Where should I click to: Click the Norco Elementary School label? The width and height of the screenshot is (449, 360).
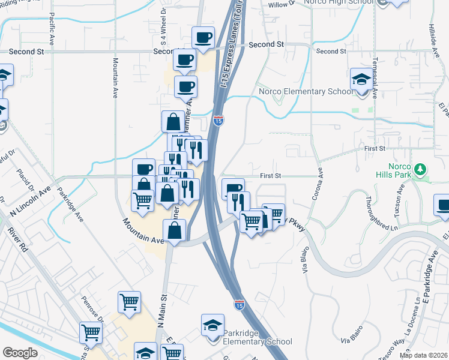306,92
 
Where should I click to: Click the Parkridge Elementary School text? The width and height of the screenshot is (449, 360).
257,337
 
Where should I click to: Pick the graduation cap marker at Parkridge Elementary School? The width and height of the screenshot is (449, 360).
212,325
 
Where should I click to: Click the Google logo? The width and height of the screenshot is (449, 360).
20,352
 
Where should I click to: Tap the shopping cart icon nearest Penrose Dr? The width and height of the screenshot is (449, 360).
90,331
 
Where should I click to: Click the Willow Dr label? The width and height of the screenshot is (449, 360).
282,4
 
